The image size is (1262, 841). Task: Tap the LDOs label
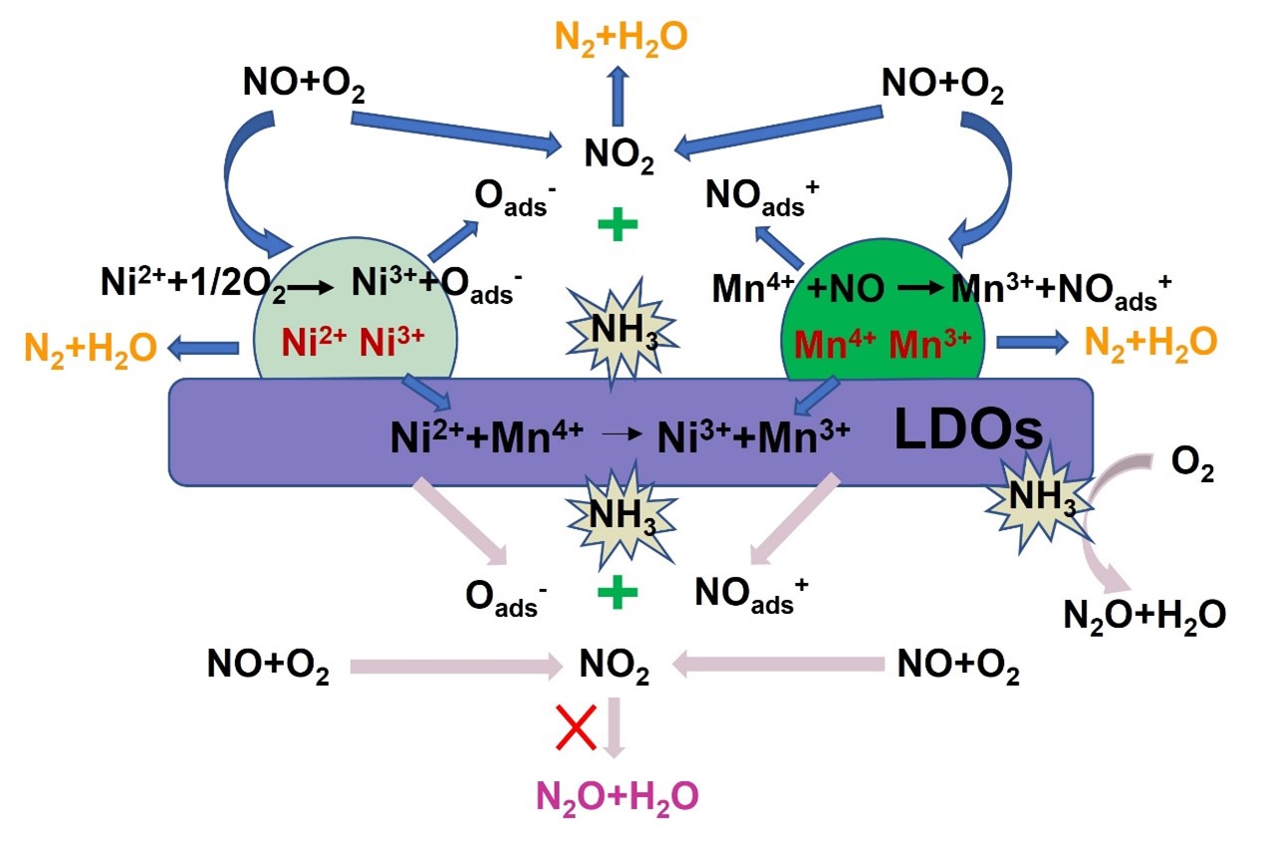click(x=969, y=430)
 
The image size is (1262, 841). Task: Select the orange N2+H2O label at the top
click(x=619, y=37)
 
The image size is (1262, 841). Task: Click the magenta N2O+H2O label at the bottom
click(x=618, y=796)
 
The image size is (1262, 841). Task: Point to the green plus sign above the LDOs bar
click(x=618, y=225)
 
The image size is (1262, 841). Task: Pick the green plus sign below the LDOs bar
click(x=618, y=594)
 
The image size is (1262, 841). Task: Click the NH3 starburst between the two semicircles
click(x=619, y=333)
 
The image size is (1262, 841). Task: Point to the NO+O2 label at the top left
click(x=304, y=87)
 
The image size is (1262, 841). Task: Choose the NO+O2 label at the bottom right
click(x=958, y=666)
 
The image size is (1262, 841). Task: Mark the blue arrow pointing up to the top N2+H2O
click(x=619, y=98)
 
